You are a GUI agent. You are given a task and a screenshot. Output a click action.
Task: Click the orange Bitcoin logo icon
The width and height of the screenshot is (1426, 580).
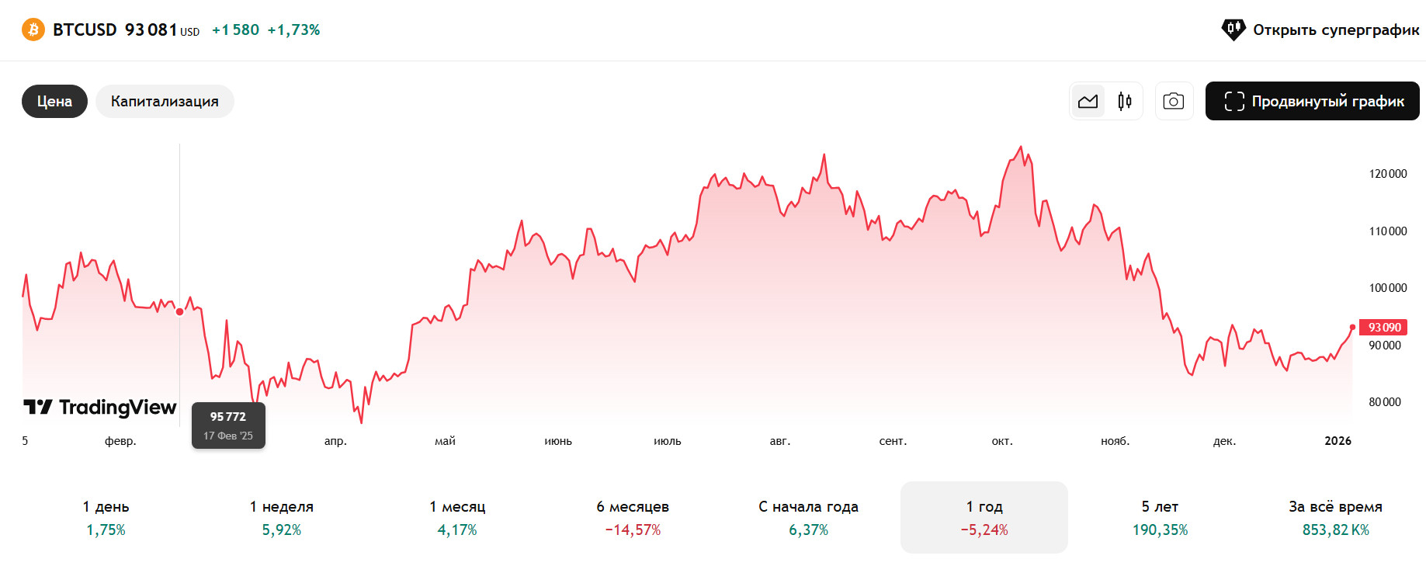point(33,30)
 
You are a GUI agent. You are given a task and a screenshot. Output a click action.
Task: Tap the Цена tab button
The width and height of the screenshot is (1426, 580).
point(54,102)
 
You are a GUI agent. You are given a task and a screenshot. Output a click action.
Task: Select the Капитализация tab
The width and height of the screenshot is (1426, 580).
point(165,102)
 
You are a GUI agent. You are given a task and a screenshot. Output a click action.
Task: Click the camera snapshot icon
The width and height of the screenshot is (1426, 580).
point(1174,102)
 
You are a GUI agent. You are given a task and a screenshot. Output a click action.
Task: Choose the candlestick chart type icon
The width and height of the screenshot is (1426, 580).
point(1125,102)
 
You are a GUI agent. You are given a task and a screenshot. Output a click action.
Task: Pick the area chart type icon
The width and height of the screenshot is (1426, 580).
point(1088,102)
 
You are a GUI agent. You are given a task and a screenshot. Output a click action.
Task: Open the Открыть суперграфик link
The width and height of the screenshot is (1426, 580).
point(1320,30)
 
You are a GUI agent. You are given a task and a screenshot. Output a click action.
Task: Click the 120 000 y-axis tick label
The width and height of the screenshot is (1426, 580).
point(1387,174)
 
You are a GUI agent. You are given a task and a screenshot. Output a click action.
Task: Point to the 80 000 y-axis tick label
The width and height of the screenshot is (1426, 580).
point(1385,402)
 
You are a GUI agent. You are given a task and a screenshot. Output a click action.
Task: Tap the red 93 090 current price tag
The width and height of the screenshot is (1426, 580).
point(1383,328)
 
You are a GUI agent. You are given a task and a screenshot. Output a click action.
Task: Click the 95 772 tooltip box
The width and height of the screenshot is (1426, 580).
point(228,425)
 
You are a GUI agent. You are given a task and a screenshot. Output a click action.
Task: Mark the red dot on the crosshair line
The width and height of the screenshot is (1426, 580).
point(180,312)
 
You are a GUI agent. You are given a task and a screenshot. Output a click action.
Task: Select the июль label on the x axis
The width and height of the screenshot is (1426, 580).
point(667,441)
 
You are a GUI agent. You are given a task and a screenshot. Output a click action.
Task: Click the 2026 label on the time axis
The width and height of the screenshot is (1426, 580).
point(1338,441)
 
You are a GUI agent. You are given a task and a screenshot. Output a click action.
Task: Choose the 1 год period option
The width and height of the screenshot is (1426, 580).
point(984,517)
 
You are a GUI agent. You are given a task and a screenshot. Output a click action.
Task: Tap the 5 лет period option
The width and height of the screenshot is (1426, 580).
point(1160,517)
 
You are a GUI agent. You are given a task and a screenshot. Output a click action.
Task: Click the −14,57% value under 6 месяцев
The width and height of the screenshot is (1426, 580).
point(633,530)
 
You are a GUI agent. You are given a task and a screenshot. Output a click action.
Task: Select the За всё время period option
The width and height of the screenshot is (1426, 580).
point(1335,517)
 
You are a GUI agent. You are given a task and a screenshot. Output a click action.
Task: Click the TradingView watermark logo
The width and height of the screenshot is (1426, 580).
point(100,408)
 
